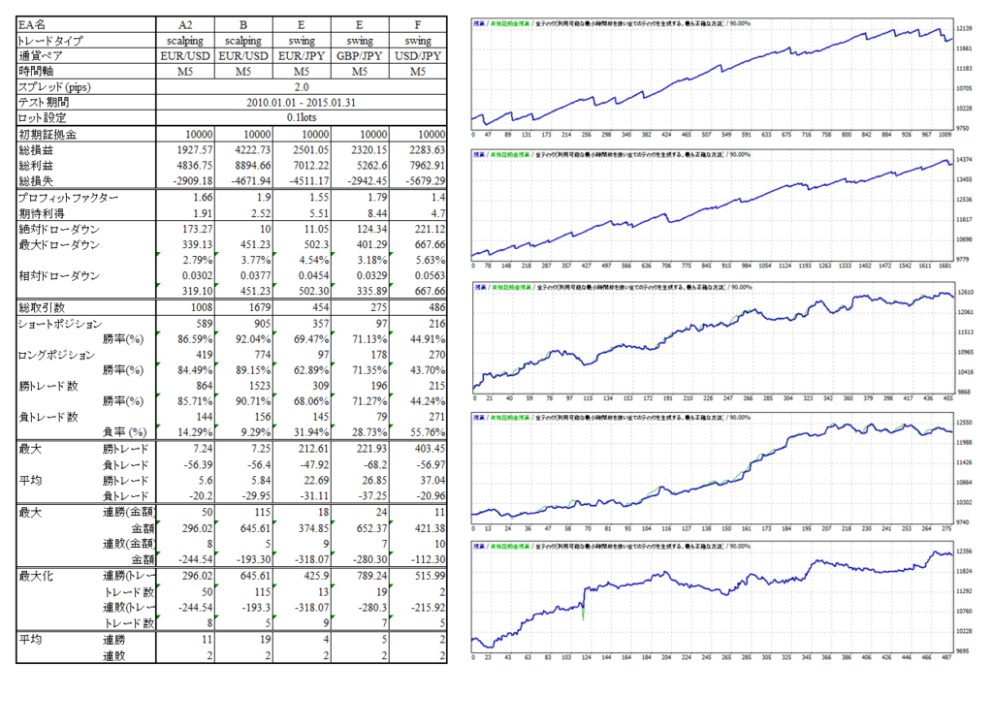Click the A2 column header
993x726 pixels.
(x=185, y=24)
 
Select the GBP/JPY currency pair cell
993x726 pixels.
(x=360, y=56)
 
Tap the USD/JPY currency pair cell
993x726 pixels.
(x=418, y=56)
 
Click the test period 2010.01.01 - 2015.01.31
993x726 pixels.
(x=302, y=102)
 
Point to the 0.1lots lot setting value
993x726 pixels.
(x=302, y=117)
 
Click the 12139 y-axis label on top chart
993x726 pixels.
(x=966, y=29)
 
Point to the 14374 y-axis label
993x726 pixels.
(x=966, y=159)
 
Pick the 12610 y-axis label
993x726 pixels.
(x=966, y=292)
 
